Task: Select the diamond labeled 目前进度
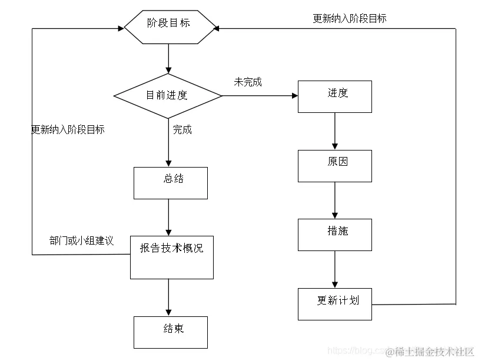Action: [168, 95]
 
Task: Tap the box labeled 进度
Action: [334, 96]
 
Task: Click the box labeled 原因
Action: [334, 166]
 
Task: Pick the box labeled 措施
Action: [334, 235]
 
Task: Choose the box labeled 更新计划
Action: [334, 304]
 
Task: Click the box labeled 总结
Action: [170, 183]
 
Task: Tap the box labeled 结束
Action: [170, 332]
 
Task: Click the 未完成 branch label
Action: [248, 82]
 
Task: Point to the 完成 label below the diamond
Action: [182, 130]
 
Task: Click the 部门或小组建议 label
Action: [81, 240]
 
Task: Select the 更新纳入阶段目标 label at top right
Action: [350, 19]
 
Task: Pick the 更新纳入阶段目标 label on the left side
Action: [68, 130]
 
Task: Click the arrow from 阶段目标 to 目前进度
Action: [169, 59]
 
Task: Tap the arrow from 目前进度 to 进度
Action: [259, 95]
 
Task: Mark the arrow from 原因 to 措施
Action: [335, 200]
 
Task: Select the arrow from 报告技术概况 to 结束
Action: [169, 298]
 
